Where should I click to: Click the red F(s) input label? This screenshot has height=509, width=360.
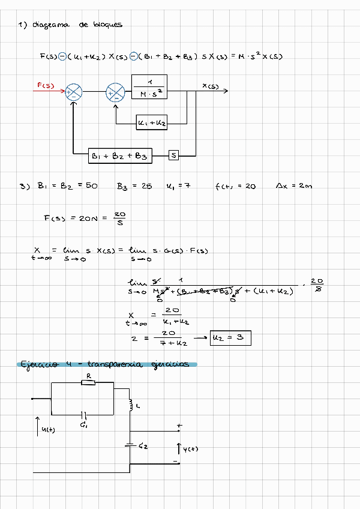46,86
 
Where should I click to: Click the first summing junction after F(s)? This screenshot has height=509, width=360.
74,92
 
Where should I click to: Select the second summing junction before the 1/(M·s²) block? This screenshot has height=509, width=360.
115,92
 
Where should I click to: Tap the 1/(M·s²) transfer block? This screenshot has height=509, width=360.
149,88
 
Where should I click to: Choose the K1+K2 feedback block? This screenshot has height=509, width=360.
151,123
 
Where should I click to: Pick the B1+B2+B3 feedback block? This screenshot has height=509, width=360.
119,155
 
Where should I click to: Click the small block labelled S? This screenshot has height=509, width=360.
174,155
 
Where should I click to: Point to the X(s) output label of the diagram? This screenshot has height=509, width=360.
210,86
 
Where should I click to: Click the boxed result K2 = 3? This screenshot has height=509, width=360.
230,339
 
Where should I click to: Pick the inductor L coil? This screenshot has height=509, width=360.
130,405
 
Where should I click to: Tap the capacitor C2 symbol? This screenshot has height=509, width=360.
130,445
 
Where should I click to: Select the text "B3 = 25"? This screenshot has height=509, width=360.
134,187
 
